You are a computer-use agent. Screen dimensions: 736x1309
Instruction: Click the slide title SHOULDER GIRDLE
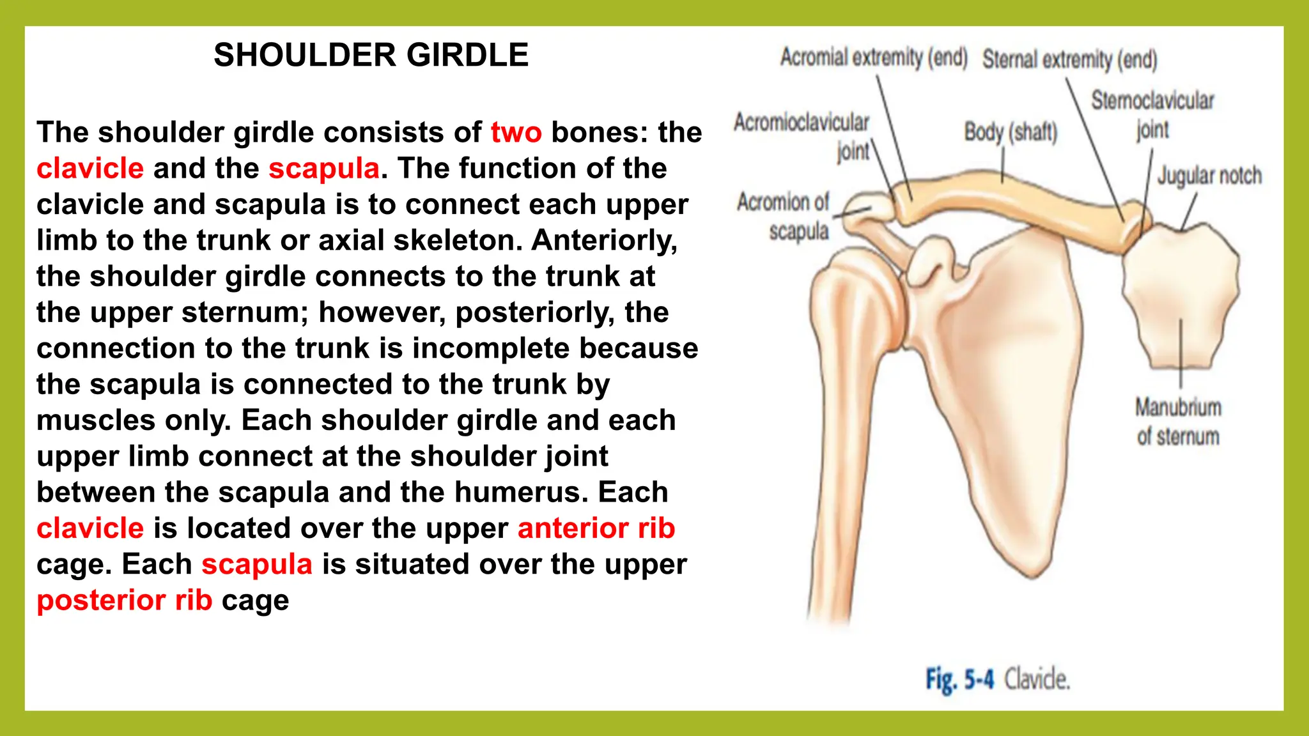pos(371,55)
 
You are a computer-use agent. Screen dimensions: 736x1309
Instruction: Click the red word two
pos(516,132)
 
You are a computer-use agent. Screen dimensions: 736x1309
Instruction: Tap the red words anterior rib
pos(596,528)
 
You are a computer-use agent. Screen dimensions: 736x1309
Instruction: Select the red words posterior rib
pos(124,601)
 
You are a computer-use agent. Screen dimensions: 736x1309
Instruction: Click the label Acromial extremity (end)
pos(873,57)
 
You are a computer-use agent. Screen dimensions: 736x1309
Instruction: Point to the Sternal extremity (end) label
pos(1069,59)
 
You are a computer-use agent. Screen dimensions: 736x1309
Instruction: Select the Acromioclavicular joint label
pos(802,136)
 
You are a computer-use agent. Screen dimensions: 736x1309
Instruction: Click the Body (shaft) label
pos(1011,132)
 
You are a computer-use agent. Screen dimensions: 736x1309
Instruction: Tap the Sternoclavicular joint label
pos(1152,114)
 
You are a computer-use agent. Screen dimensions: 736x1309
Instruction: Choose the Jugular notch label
pos(1209,175)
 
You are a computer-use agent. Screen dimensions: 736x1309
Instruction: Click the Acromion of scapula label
pos(784,216)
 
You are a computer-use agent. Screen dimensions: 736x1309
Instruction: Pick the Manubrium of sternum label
pos(1178,422)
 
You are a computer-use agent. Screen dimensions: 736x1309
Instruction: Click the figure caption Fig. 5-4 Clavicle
pos(998,679)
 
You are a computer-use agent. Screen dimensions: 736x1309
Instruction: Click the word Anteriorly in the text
pos(604,240)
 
